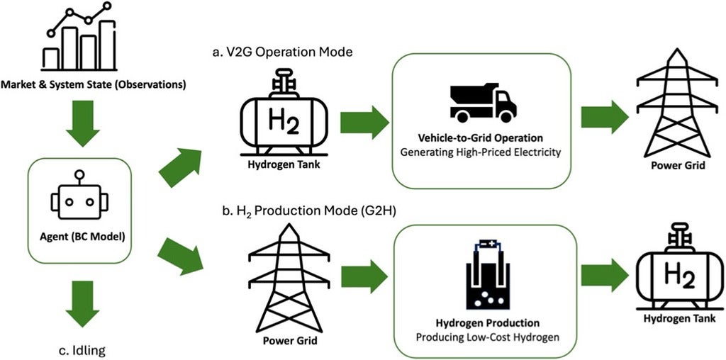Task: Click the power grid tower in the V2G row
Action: (668, 106)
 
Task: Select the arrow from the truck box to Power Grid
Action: (605, 116)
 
